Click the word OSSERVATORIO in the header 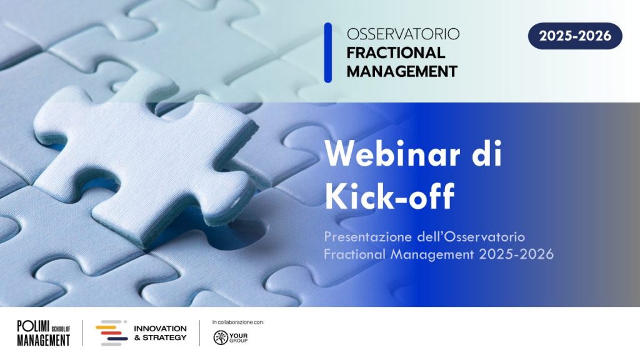[x=403, y=34]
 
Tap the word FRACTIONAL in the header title [x=396, y=52]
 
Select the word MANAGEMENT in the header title [x=402, y=71]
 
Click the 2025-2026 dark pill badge [x=575, y=36]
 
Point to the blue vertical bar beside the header [x=327, y=52]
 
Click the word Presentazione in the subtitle [x=369, y=237]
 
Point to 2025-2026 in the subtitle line [x=516, y=254]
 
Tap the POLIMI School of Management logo [x=44, y=333]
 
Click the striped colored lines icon [x=111, y=333]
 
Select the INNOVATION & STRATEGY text [x=161, y=333]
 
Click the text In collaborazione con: [x=238, y=322]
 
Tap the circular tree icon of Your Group [x=221, y=337]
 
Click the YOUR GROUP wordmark [x=238, y=338]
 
